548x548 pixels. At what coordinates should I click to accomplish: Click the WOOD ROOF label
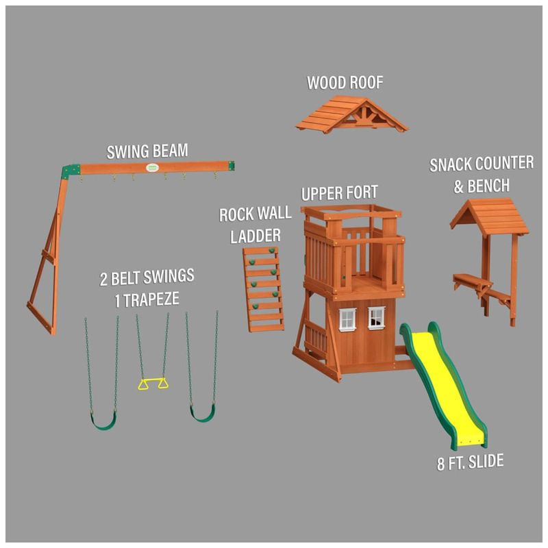point(345,82)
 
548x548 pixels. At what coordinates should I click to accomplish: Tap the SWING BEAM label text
point(147,151)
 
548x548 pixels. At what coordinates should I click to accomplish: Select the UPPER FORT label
point(339,193)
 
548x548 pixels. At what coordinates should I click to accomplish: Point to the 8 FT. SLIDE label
point(470,462)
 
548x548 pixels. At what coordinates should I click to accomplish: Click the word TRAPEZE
point(151,299)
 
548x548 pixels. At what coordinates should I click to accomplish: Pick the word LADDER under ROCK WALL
point(255,236)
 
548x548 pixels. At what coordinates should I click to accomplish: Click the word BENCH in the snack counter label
point(488,186)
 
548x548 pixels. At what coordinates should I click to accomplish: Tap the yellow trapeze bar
point(153,383)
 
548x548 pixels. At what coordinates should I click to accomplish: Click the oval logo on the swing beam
point(152,168)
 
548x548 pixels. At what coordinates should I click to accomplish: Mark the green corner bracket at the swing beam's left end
point(71,171)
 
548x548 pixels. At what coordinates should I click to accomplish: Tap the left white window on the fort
point(347,319)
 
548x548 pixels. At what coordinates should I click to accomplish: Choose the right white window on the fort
point(376,317)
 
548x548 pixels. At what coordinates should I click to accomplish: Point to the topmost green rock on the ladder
point(271,251)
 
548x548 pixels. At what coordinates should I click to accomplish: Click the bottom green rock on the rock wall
point(256,307)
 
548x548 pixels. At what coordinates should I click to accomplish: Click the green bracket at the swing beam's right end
point(231,166)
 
